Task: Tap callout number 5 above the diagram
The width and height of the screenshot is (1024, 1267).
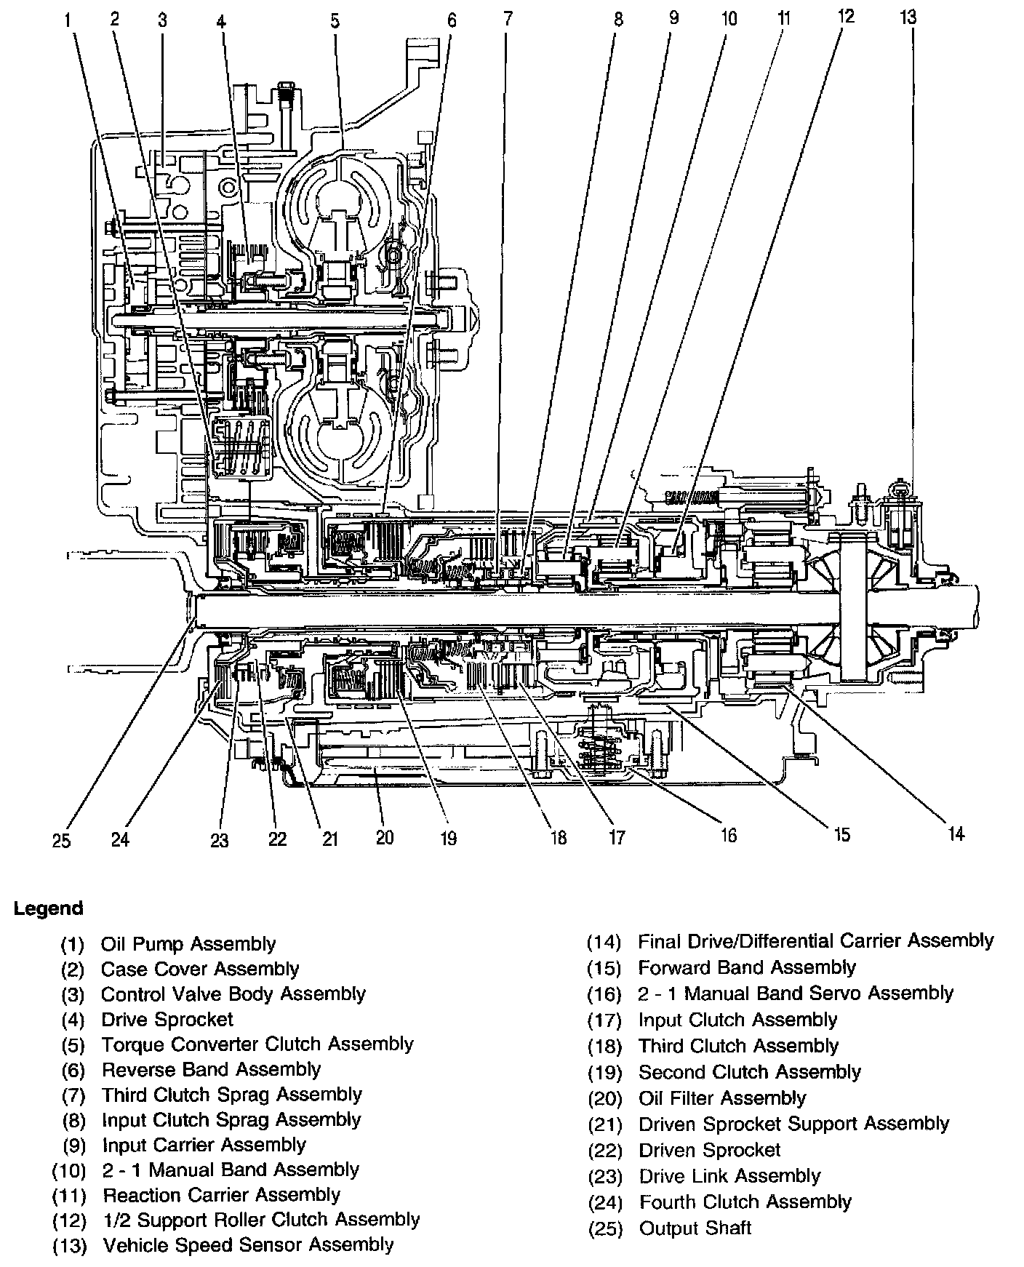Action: point(335,20)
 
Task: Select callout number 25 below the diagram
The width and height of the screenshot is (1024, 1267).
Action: point(62,840)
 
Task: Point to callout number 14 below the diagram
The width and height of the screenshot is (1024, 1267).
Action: point(956,834)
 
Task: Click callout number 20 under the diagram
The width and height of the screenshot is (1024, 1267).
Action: point(385,837)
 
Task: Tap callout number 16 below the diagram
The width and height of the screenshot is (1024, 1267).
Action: point(728,835)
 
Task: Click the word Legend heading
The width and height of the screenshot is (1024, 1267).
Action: point(49,908)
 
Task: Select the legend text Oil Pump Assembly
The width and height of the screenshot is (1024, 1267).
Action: point(188,944)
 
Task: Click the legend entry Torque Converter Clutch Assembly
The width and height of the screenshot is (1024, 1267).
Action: point(257,1044)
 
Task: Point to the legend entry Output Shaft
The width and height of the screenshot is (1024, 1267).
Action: point(695,1228)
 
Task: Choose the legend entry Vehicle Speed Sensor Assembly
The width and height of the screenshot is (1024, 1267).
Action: point(248,1244)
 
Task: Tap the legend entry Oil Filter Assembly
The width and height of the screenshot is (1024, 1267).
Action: point(722,1098)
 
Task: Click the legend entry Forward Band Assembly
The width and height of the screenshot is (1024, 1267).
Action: point(747,967)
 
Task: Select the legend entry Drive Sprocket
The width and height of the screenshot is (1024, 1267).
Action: point(167,1019)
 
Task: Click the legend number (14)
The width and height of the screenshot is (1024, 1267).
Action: point(604,942)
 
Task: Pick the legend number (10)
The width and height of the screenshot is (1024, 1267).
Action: point(69,1170)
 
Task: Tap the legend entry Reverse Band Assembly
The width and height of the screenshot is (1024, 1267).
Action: point(211,1069)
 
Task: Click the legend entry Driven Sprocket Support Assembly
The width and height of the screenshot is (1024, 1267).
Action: point(794,1124)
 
